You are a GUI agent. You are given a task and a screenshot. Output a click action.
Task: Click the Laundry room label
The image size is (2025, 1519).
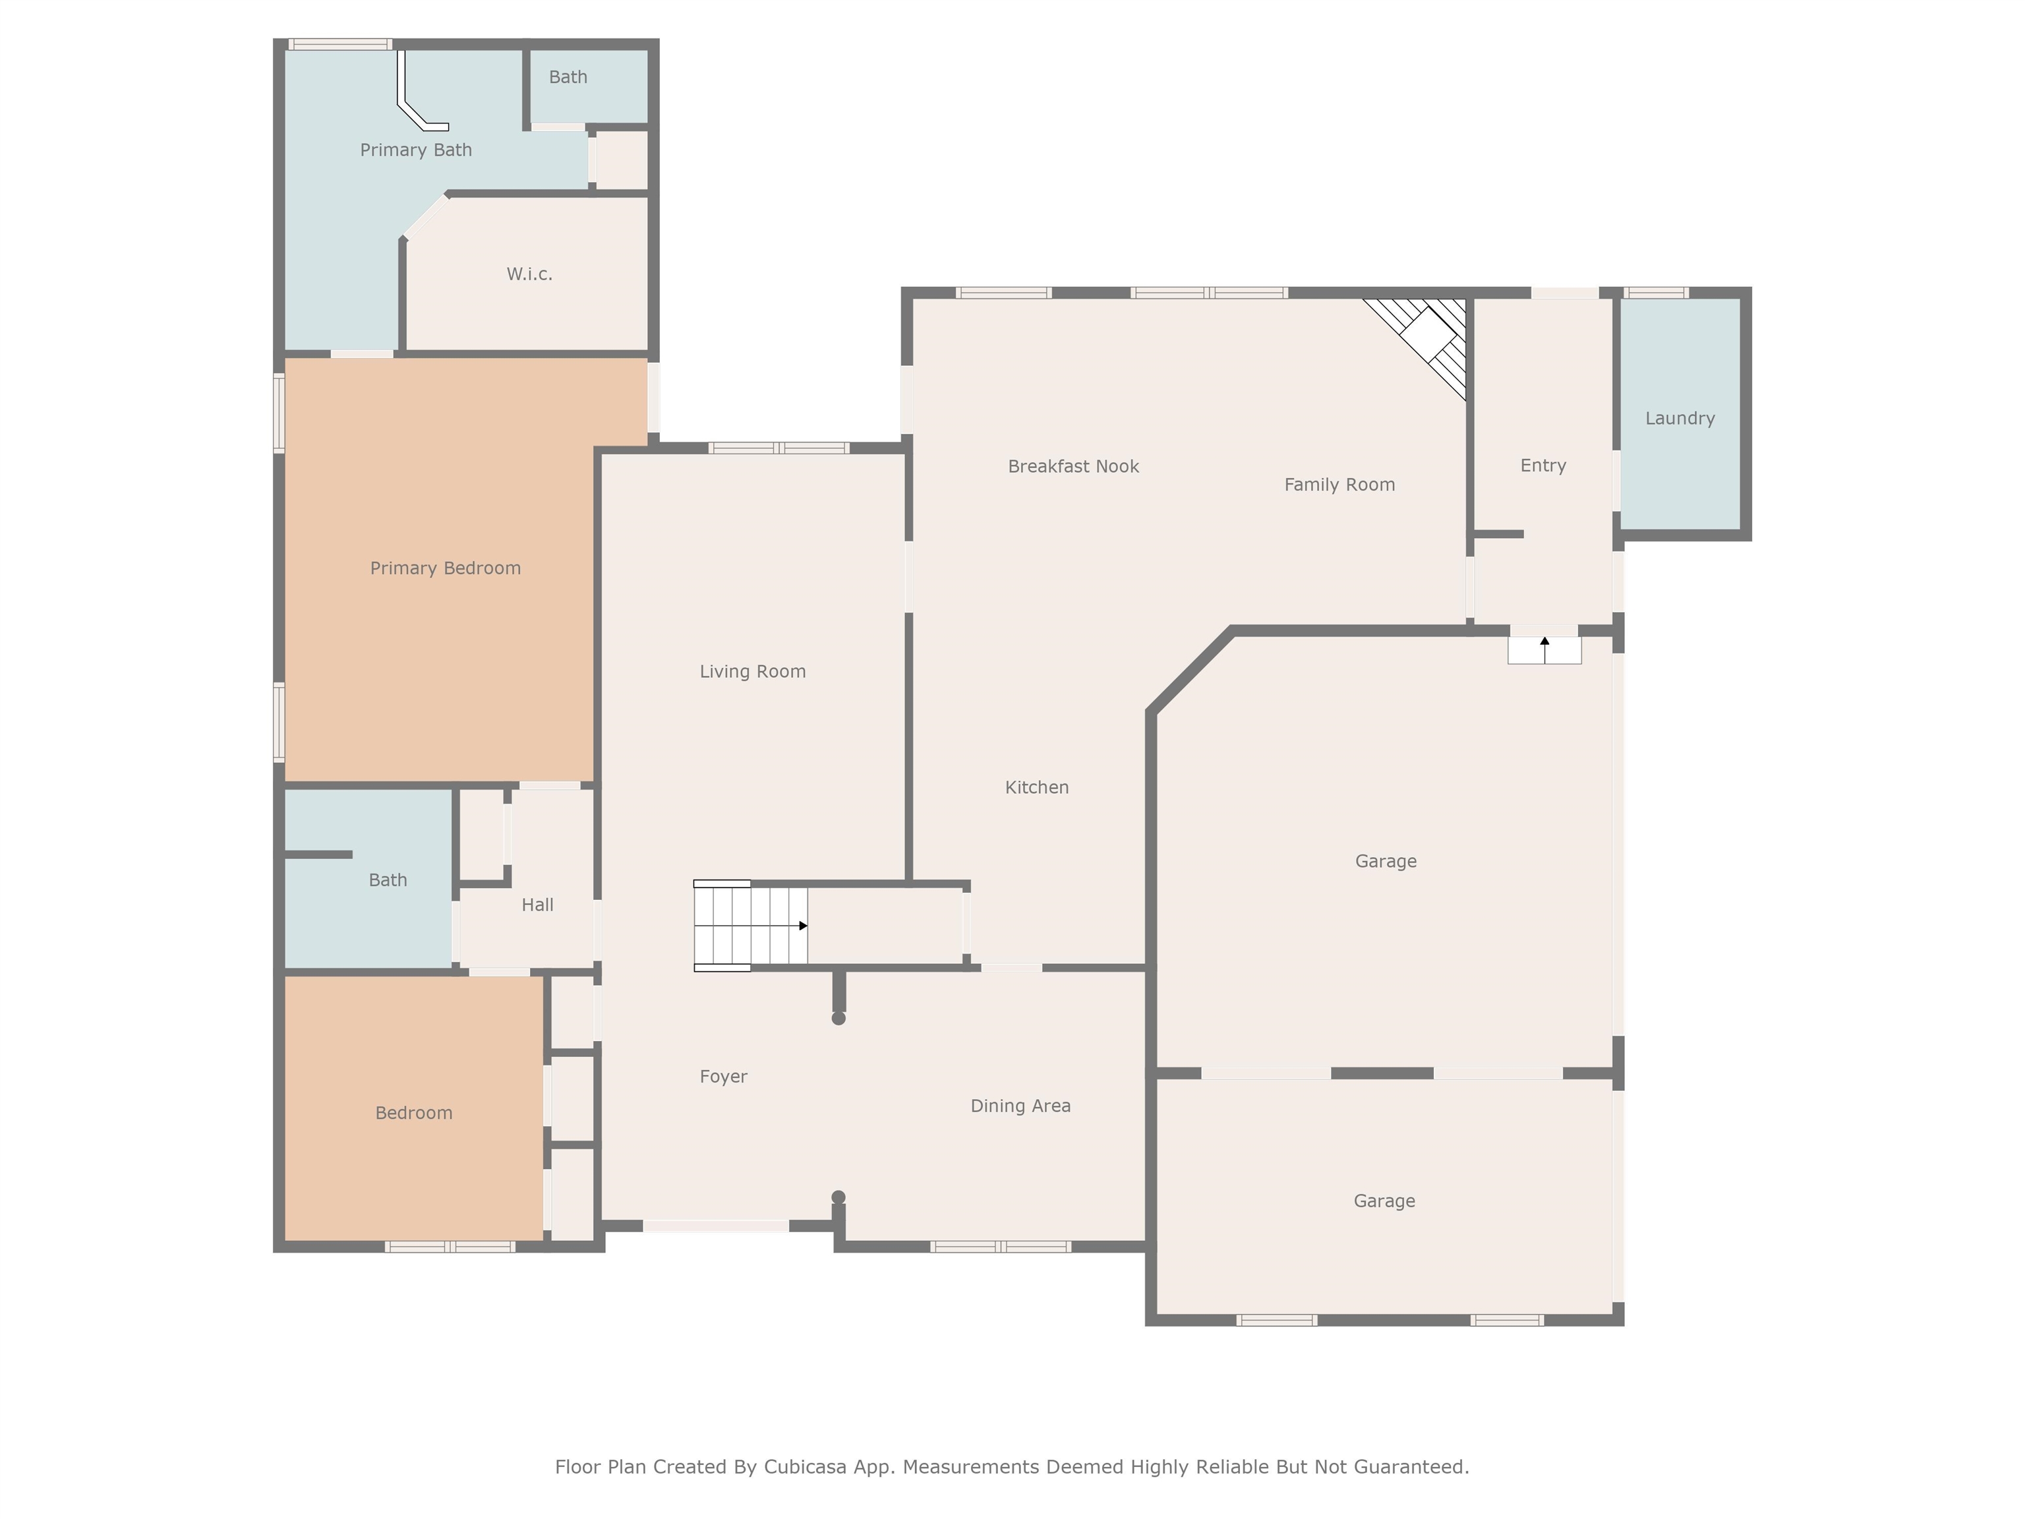(1679, 419)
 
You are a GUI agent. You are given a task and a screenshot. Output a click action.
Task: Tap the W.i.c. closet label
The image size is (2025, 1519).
(529, 274)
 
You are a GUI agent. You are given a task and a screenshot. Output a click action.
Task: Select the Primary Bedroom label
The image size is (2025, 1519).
(445, 568)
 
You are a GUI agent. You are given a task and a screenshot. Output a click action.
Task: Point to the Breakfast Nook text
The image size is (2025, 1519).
(1073, 466)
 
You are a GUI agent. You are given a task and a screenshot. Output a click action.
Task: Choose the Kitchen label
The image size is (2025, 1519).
(1036, 787)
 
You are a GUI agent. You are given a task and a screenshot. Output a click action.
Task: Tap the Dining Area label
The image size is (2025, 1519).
(1020, 1106)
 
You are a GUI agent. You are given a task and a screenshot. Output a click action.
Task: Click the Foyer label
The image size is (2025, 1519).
(723, 1077)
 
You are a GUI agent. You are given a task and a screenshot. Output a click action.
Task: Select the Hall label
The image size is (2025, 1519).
(537, 905)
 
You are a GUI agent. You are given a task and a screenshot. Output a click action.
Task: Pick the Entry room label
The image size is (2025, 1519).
(1542, 465)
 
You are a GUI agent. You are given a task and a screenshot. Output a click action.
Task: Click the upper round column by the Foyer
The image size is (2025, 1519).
(838, 1018)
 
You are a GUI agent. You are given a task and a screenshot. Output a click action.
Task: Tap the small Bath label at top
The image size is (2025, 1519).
(568, 77)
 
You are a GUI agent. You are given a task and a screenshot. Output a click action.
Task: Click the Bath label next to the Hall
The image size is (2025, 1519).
(387, 880)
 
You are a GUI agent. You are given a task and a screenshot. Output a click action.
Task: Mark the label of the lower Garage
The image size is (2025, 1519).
(1383, 1201)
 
